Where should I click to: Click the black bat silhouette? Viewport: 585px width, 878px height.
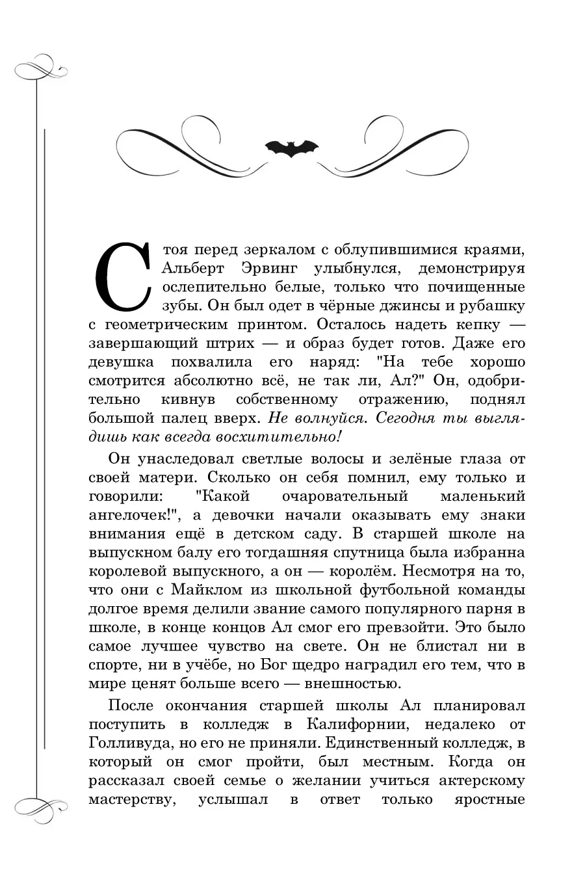point(291,148)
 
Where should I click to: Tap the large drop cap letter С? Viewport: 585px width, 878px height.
point(122,276)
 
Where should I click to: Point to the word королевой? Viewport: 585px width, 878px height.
point(129,572)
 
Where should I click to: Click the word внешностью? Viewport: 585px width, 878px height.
point(351,684)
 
